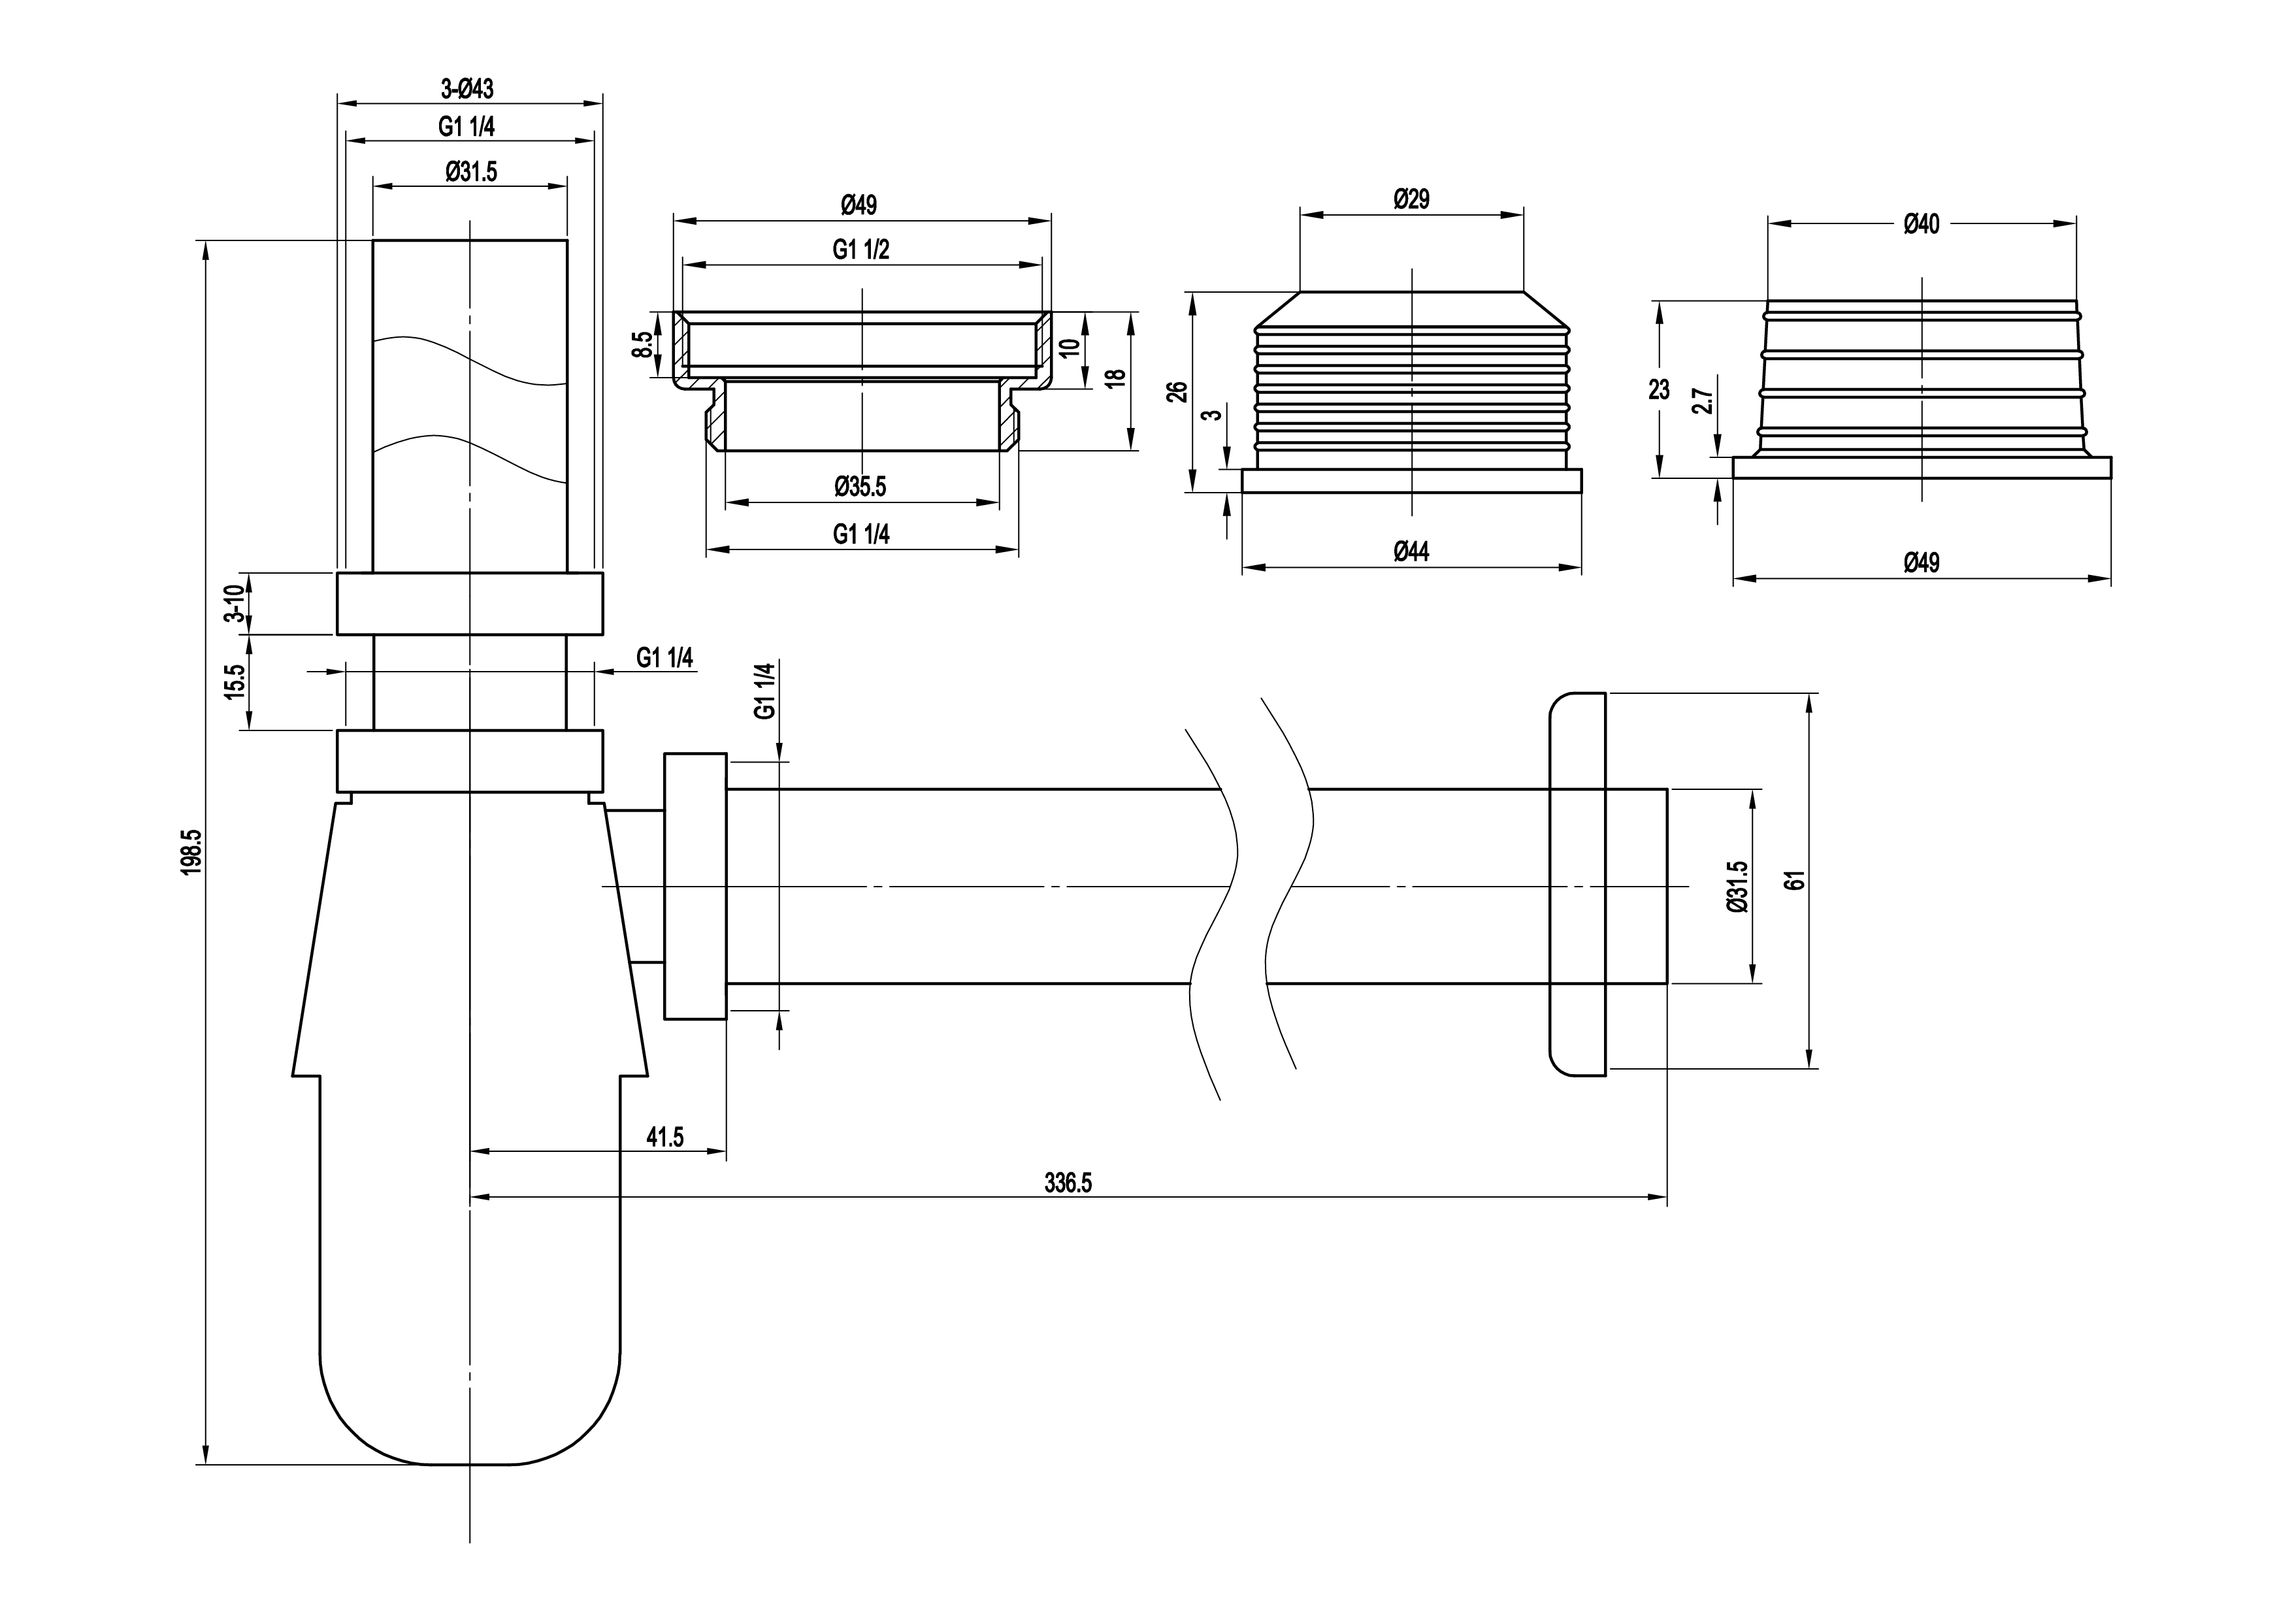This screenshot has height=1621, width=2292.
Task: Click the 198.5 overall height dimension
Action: coord(191,851)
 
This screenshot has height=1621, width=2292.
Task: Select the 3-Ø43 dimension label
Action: coord(467,89)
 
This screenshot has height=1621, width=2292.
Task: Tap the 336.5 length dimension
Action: coord(1068,1183)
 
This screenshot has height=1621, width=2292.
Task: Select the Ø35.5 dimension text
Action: coord(860,487)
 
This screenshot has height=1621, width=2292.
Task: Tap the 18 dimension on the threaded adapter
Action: coord(1115,378)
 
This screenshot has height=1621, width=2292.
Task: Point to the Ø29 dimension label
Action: coord(1411,199)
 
